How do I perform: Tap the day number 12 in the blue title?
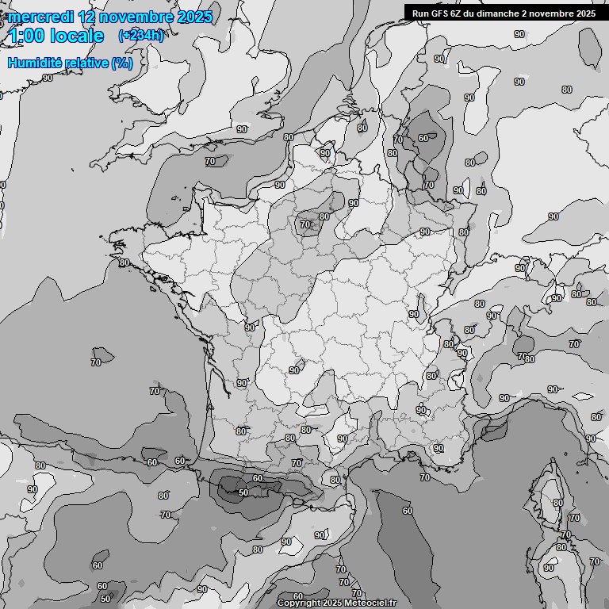pyautogui.click(x=89, y=17)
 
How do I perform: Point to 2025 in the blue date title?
pyautogui.click(x=194, y=17)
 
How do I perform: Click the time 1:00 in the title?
pyautogui.click(x=25, y=36)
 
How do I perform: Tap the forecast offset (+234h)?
pyautogui.click(x=141, y=36)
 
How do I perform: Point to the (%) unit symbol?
pyautogui.click(x=122, y=63)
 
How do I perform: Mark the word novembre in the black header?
pyautogui.click(x=555, y=13)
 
